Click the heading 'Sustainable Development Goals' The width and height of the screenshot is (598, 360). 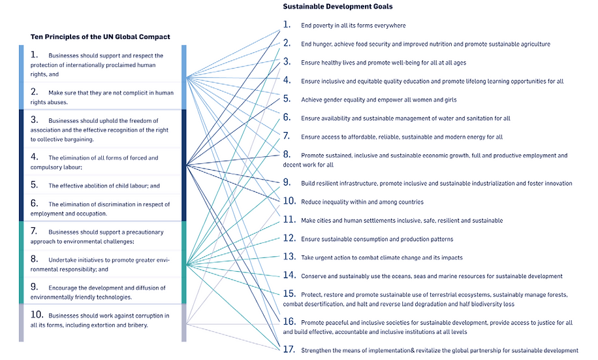338,7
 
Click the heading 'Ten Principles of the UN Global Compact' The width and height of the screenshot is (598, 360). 101,37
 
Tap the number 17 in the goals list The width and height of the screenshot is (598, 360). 289,349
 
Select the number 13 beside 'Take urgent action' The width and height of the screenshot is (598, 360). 289,257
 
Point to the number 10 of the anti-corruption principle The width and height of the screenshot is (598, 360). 37,314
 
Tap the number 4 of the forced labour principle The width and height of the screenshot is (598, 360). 35,157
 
